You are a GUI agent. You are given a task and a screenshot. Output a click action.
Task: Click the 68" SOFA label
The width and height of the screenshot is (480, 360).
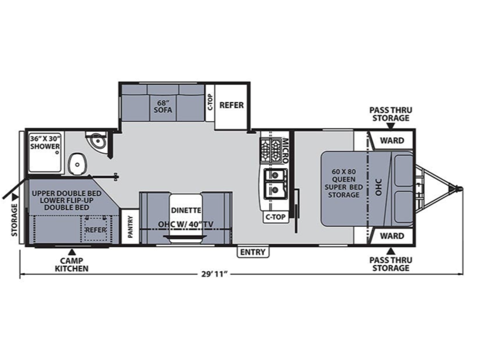coord(163,106)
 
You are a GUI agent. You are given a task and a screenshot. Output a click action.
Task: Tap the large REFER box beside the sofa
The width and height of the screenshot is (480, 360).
coord(231,107)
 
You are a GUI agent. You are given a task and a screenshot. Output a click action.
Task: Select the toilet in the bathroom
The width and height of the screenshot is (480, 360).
coord(76,164)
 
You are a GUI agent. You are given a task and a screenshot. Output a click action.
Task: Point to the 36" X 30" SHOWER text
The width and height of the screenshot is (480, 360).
coord(45,142)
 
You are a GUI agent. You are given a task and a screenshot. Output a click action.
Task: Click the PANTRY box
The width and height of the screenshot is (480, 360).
coord(130,227)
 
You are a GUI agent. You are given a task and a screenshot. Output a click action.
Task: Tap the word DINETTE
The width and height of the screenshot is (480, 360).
coord(186,211)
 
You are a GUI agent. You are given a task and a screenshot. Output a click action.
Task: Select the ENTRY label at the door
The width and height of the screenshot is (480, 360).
coord(253,252)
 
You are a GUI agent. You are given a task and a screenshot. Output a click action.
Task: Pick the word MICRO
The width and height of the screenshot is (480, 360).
coord(285,151)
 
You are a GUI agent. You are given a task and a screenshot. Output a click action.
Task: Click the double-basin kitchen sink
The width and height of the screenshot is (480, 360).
coord(275,184)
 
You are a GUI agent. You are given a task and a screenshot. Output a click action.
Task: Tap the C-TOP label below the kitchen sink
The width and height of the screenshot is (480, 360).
coord(275,217)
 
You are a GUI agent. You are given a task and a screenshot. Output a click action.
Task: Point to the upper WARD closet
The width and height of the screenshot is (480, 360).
coord(392,140)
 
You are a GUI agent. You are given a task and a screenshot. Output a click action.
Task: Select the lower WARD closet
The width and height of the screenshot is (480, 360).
coord(392,236)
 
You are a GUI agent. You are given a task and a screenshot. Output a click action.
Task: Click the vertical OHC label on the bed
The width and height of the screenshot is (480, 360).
coord(379,187)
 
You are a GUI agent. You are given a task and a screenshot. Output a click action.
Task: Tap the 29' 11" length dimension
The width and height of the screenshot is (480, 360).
coord(215,274)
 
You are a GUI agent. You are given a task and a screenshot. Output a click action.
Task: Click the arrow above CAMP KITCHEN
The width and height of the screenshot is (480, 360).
coord(72,252)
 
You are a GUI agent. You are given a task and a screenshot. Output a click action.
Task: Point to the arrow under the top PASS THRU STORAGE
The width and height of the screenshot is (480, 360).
coord(391,126)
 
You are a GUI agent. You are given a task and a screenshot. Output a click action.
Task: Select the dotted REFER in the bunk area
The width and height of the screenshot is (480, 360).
coord(95,230)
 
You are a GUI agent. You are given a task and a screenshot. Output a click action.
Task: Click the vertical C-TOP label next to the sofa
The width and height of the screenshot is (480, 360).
coord(209,103)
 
